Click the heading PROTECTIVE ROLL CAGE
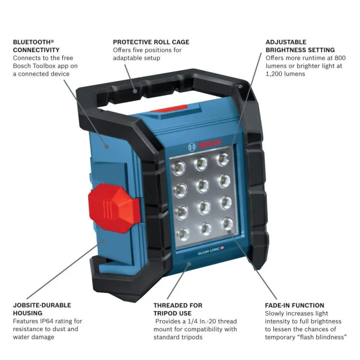click(151, 42)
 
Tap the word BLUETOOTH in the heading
click(31, 42)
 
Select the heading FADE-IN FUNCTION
click(295, 306)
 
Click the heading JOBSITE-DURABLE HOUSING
click(42, 309)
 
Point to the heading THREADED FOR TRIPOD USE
click(178, 309)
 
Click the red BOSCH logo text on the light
click(210, 144)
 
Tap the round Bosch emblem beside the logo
click(192, 147)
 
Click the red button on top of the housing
click(169, 108)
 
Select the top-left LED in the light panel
click(179, 168)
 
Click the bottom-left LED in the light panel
click(184, 234)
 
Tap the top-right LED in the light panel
click(223, 159)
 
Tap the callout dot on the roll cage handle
click(135, 91)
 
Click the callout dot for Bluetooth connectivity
click(107, 147)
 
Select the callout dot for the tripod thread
click(189, 264)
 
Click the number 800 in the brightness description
click(340, 58)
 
